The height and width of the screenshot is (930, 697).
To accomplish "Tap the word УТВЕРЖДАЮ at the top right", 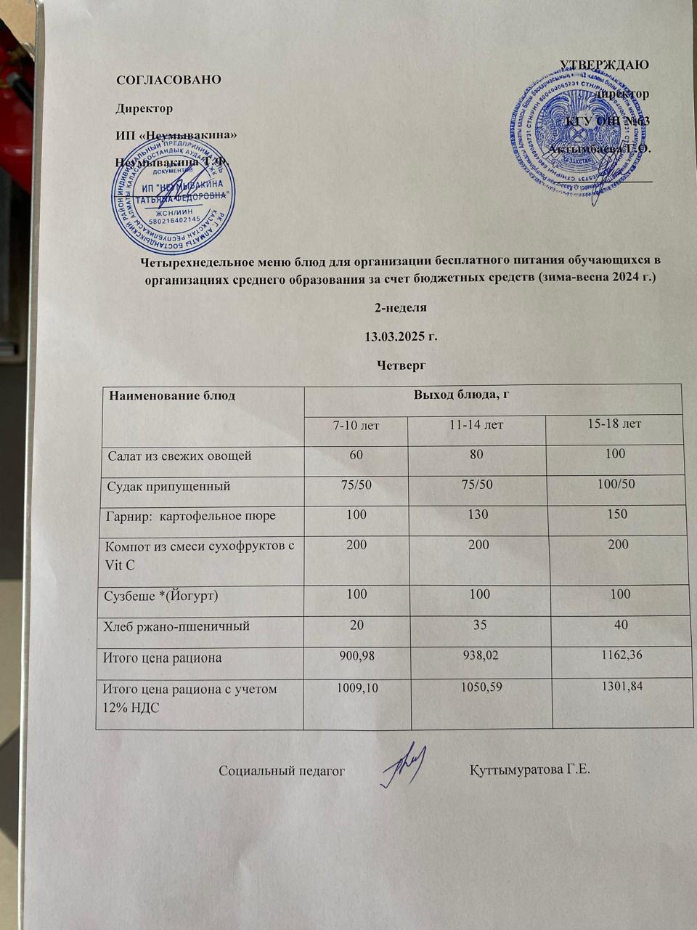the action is [x=605, y=64].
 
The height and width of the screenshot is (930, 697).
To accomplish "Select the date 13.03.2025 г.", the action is [x=400, y=336].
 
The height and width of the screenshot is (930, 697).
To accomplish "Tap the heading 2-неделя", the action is [x=400, y=307].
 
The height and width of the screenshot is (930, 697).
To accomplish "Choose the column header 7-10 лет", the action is [x=356, y=424].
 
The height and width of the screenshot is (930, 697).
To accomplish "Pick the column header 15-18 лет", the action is [x=616, y=423].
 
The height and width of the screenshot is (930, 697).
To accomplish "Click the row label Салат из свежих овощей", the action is [x=179, y=456].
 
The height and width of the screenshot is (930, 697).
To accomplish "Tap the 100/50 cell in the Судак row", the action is [x=614, y=484].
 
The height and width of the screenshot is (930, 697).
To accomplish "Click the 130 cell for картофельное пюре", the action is [x=478, y=514].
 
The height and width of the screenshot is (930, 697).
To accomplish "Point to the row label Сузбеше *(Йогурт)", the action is [x=162, y=596].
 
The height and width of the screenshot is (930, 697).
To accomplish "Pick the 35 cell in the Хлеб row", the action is [x=478, y=624].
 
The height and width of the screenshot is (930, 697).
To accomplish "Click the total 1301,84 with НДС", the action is [x=618, y=687].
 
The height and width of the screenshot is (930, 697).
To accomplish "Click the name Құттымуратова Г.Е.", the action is [x=530, y=769].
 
